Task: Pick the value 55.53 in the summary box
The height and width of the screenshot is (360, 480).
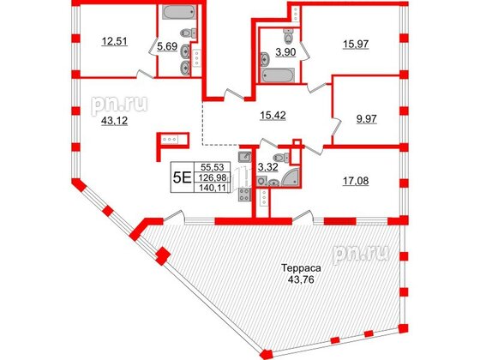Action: [x=209, y=169]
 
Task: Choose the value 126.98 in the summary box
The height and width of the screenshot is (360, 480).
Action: [x=209, y=179]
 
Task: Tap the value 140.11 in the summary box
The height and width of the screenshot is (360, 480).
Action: [x=209, y=189]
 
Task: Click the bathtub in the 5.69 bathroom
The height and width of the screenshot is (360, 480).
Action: [x=179, y=14]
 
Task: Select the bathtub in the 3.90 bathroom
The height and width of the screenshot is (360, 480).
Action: [x=277, y=75]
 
